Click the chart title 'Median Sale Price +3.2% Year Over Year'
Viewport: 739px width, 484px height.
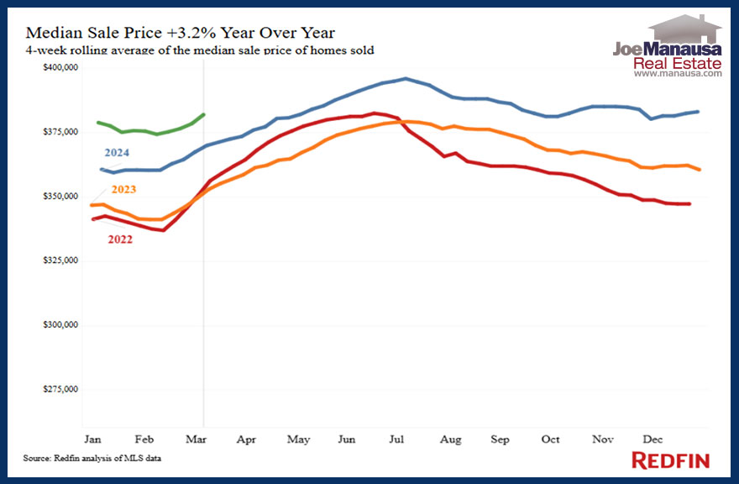pyautogui.click(x=181, y=33)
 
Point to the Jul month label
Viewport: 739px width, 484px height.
pyautogui.click(x=399, y=439)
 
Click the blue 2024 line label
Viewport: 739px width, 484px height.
pyautogui.click(x=117, y=153)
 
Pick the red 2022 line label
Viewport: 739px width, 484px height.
pyautogui.click(x=119, y=239)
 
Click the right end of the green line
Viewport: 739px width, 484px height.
pyautogui.click(x=204, y=114)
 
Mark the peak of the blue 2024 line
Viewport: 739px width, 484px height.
pyautogui.click(x=406, y=78)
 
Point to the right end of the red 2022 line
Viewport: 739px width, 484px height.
pyautogui.click(x=689, y=203)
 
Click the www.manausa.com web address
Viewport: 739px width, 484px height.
pyautogui.click(x=677, y=74)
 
